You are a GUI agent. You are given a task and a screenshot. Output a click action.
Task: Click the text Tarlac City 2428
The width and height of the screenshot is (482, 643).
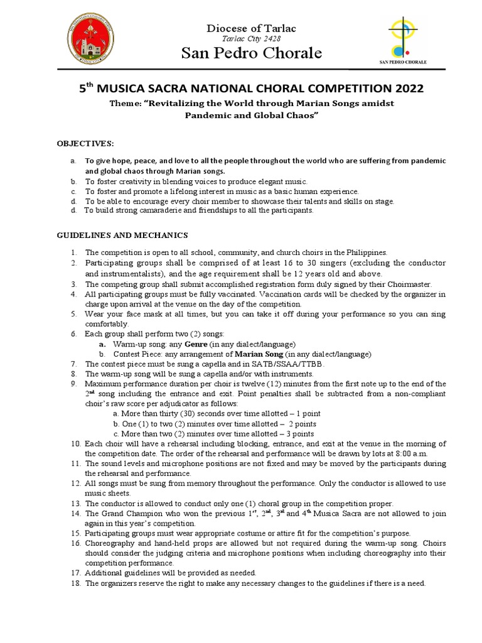[x=251, y=39]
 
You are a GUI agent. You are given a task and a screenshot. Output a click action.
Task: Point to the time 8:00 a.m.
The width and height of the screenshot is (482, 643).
[x=410, y=453]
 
